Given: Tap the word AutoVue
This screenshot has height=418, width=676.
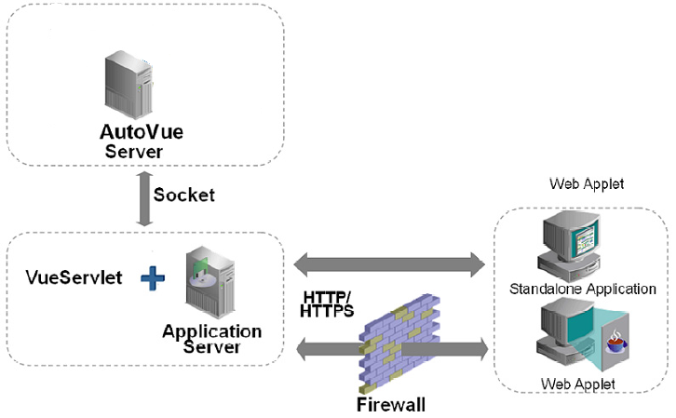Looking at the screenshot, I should (x=142, y=131).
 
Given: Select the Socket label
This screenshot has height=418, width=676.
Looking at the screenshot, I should (x=183, y=195).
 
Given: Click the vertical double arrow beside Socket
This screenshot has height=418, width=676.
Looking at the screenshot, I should (x=143, y=196).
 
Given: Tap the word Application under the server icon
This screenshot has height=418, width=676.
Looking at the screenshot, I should (x=211, y=331).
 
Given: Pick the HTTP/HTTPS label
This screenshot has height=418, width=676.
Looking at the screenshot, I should (x=327, y=304).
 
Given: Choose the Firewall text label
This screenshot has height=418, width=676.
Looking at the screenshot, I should (x=390, y=405).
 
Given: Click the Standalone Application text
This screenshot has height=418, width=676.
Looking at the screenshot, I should (x=583, y=289).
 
